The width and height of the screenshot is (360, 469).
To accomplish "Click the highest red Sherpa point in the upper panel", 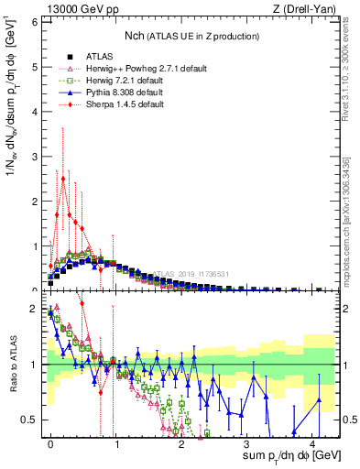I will coord(62,178).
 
